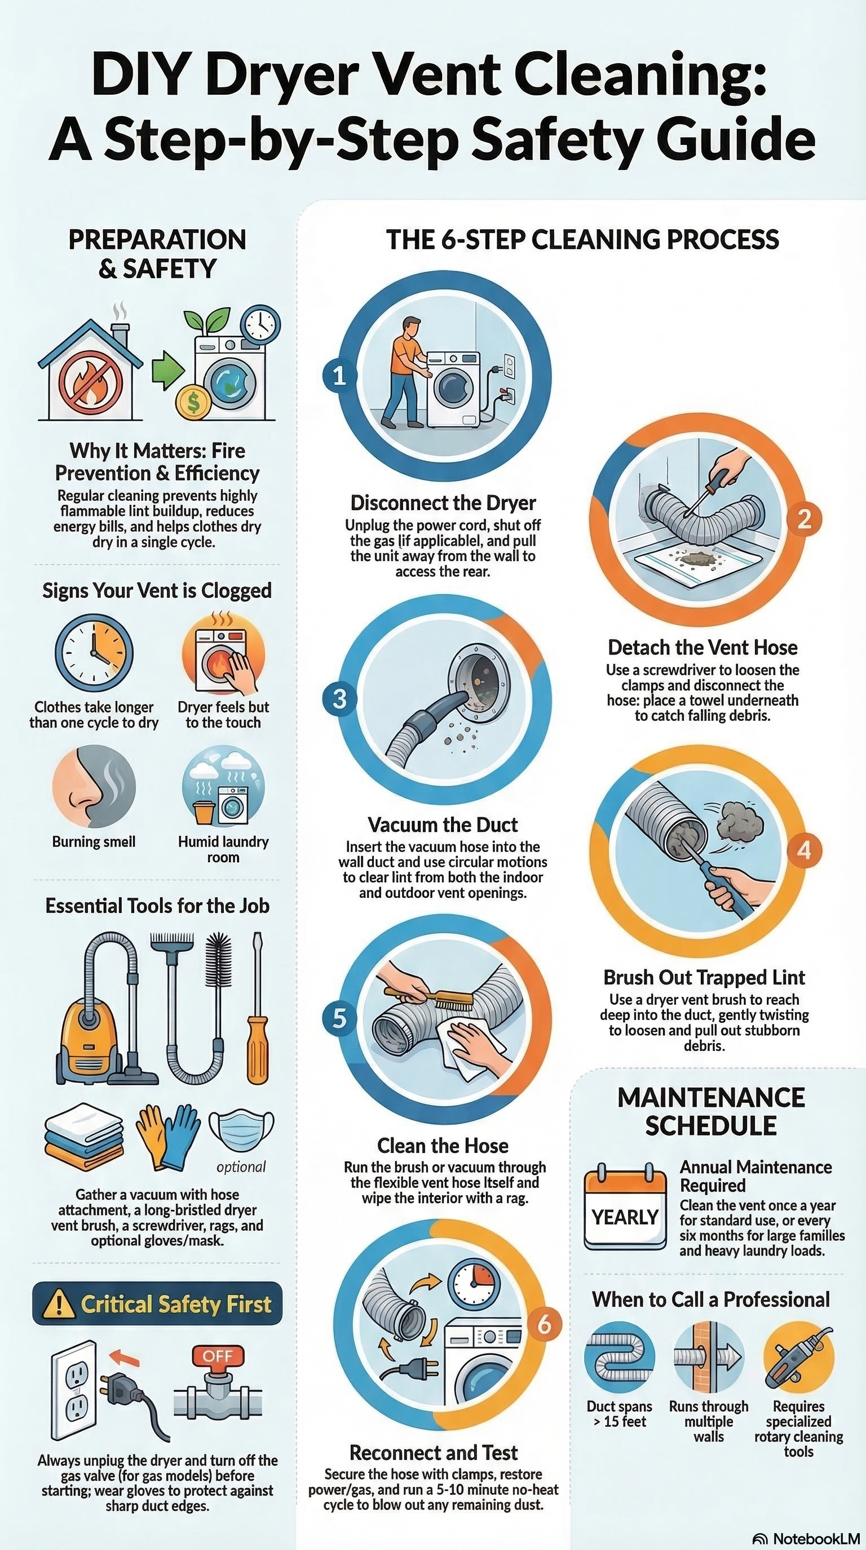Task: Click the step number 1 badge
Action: point(339,376)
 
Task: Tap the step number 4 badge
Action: point(804,850)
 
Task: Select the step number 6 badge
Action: point(544,1324)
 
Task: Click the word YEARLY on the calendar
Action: point(625,1217)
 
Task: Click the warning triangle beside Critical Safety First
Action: point(60,1304)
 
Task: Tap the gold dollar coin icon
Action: point(193,403)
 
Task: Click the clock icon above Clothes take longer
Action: point(94,652)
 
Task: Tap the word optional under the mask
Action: point(241,1166)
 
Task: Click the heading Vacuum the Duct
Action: point(443,825)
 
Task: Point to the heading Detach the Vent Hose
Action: point(702,648)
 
